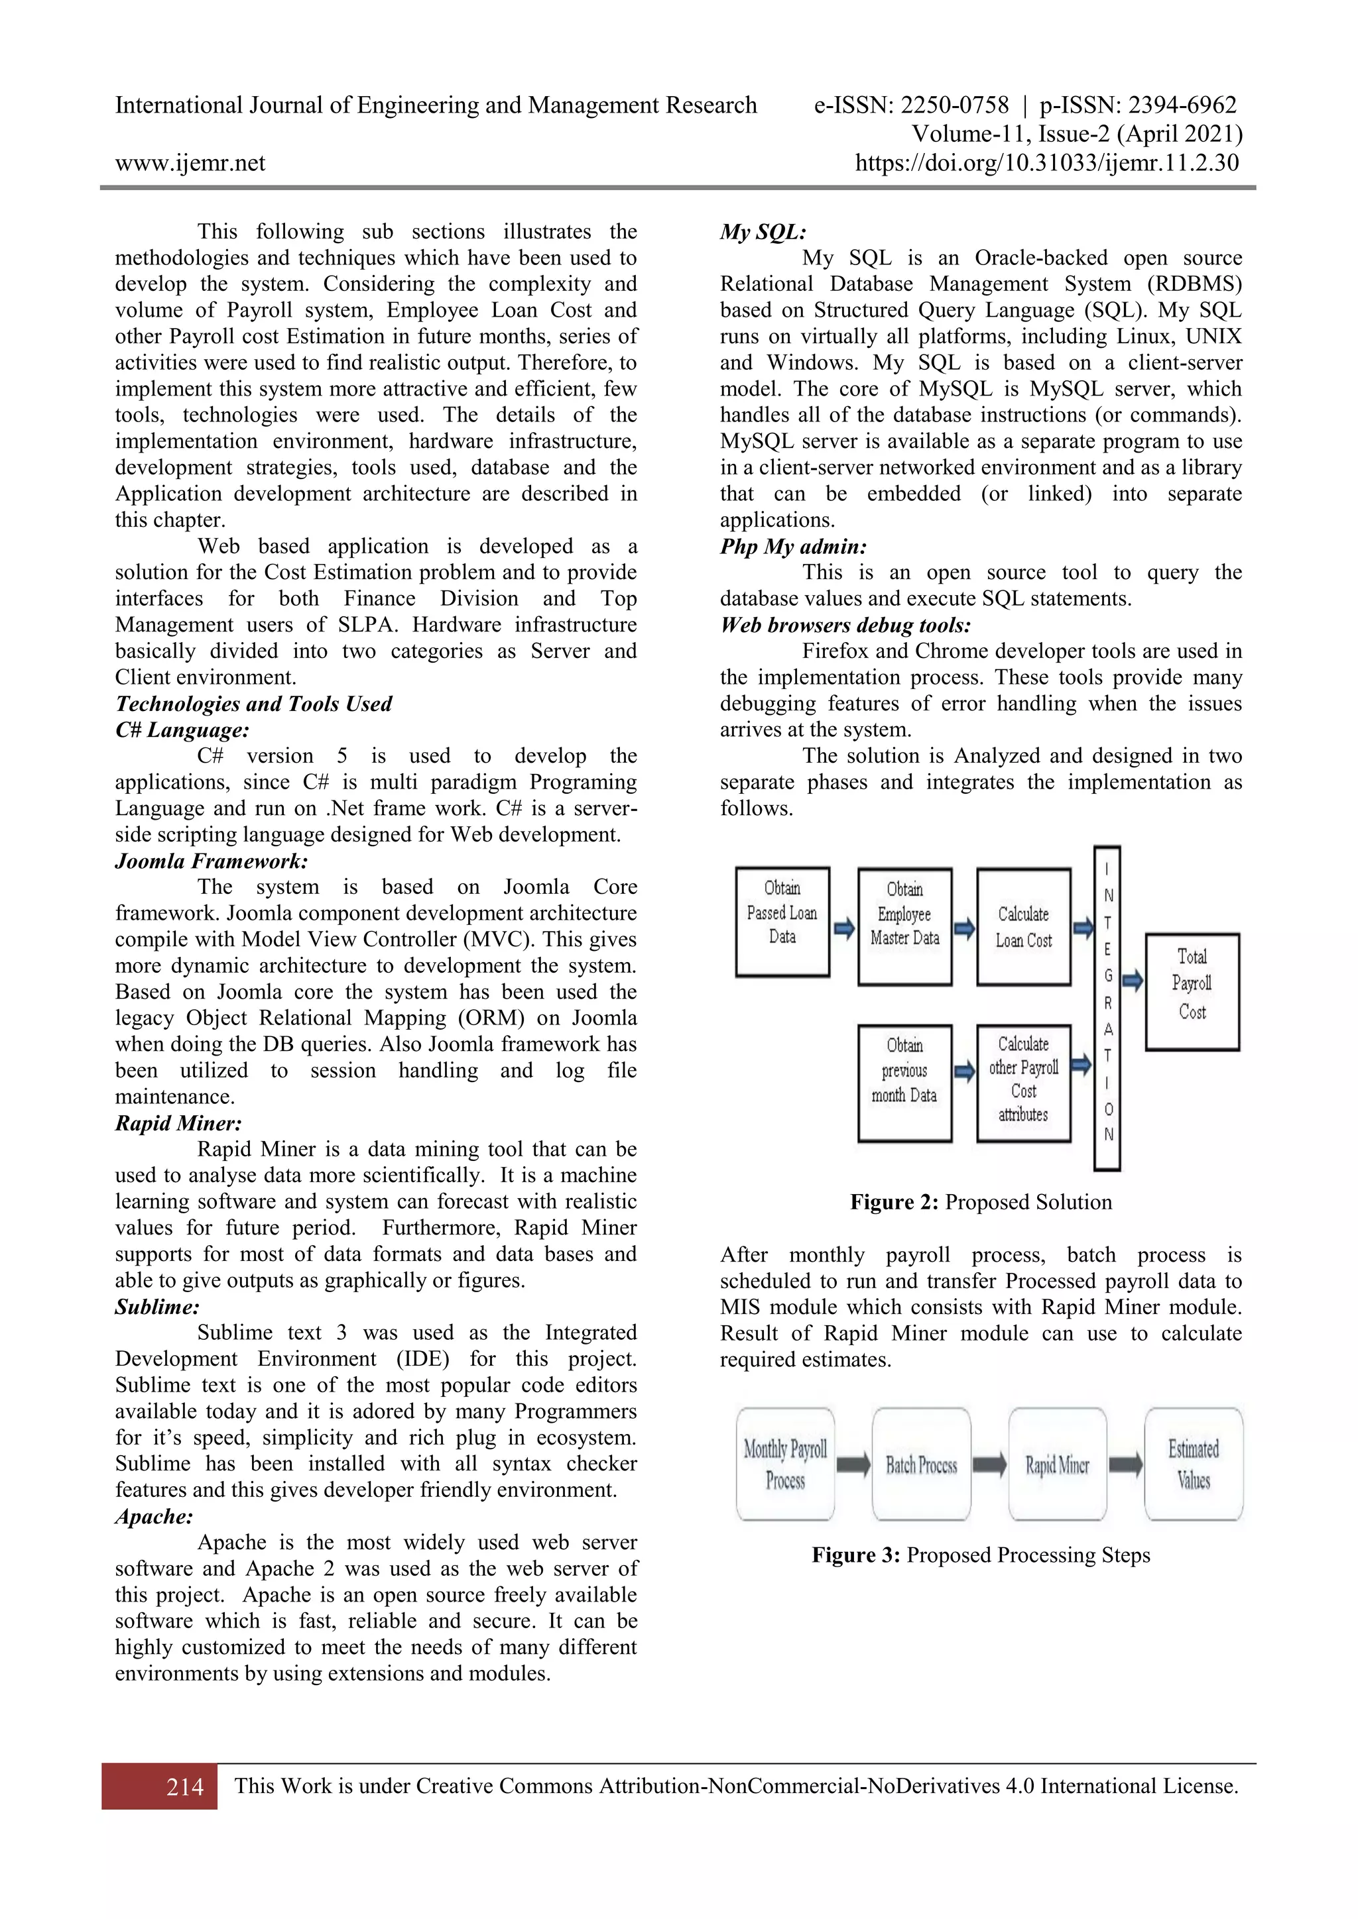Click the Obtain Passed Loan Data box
tap(782, 921)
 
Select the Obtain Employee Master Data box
tap(904, 926)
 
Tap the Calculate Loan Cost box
tap(1024, 926)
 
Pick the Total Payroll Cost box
tap(1192, 991)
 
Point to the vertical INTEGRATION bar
tap(1107, 1007)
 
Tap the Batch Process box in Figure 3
tap(920, 1464)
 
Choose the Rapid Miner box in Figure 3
tap(1057, 1464)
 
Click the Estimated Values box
tap(1194, 1464)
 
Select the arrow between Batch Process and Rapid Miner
tap(989, 1464)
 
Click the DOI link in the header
tap(1046, 163)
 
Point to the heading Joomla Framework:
tap(212, 861)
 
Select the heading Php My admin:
tap(793, 547)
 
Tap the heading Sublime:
tap(157, 1306)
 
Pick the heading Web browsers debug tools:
tap(845, 625)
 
